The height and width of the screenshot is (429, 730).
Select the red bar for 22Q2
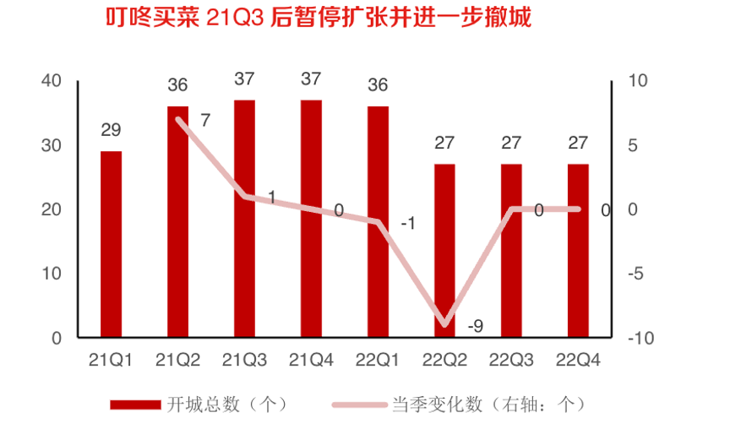tap(445, 251)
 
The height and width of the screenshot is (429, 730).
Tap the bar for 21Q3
tap(245, 219)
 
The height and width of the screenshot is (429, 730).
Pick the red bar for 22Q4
tap(579, 251)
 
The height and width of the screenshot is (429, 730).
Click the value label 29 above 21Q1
tap(111, 130)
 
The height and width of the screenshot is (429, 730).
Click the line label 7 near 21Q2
tap(205, 120)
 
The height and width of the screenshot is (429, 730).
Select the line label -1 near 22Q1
tap(407, 224)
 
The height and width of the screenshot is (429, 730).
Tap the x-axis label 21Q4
tap(312, 361)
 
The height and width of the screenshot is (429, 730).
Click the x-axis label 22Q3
tap(512, 361)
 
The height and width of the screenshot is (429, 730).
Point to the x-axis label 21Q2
tap(177, 361)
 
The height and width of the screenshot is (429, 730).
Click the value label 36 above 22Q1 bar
tap(379, 85)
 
